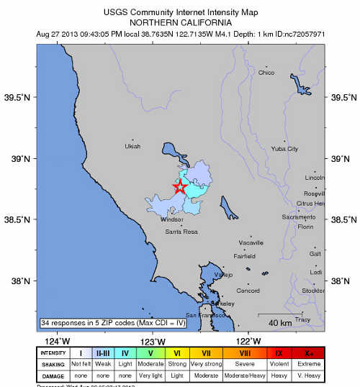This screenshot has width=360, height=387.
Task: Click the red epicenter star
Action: click(x=179, y=187)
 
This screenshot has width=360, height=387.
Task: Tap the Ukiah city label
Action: click(x=132, y=146)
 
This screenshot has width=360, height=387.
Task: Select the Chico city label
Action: click(x=266, y=73)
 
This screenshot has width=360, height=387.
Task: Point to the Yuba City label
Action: click(x=284, y=149)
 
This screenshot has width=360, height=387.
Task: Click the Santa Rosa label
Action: click(x=181, y=232)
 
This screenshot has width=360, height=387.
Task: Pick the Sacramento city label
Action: click(x=298, y=217)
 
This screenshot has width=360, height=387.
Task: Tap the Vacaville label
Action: click(x=251, y=244)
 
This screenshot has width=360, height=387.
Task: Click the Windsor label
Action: click(x=172, y=219)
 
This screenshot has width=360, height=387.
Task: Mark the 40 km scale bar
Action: click(x=278, y=320)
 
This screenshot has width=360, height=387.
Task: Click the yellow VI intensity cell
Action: click(x=176, y=353)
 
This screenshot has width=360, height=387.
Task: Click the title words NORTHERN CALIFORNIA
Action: click(x=179, y=22)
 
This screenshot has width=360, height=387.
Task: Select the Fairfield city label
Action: click(x=245, y=256)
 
